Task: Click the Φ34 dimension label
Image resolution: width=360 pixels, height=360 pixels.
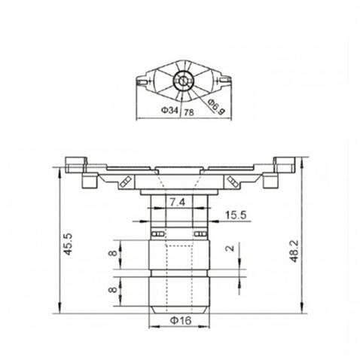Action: click(169, 110)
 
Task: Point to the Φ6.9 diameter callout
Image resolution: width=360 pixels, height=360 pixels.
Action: click(217, 106)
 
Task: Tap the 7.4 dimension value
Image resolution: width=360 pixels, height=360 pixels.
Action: click(178, 203)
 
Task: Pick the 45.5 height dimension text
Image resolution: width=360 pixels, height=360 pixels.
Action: click(67, 245)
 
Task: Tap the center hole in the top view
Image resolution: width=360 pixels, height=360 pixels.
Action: click(181, 81)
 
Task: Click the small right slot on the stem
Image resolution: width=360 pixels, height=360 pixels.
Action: click(200, 233)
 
